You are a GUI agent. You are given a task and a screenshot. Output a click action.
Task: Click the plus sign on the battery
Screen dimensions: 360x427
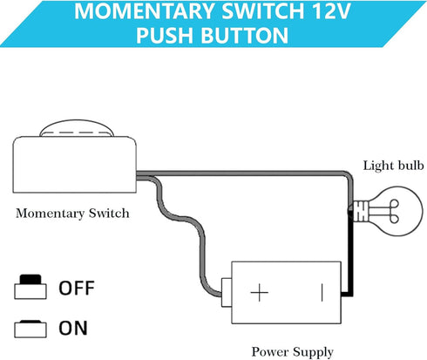click(x=260, y=291)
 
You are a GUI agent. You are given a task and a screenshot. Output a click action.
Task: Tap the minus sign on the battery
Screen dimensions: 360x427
click(x=320, y=291)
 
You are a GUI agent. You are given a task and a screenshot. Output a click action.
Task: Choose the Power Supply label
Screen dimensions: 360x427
click(x=292, y=352)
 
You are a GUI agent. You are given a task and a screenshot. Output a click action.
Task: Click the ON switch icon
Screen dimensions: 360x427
click(x=30, y=329)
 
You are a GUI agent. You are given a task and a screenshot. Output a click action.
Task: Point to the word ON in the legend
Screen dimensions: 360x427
click(x=72, y=329)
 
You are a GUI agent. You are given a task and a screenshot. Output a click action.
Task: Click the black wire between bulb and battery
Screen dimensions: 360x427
click(x=350, y=262)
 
